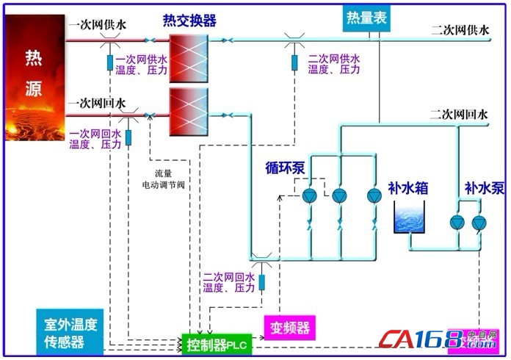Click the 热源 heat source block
pyautogui.click(x=35, y=77)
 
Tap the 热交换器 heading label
pyautogui.click(x=189, y=21)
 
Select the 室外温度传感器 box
pyautogui.click(x=70, y=332)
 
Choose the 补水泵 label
pyautogui.click(x=482, y=188)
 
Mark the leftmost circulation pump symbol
pyautogui.click(x=310, y=195)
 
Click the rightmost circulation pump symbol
pyautogui.click(x=374, y=195)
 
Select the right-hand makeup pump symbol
pyautogui.click(x=479, y=222)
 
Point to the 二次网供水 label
pyautogui.click(x=460, y=30)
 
